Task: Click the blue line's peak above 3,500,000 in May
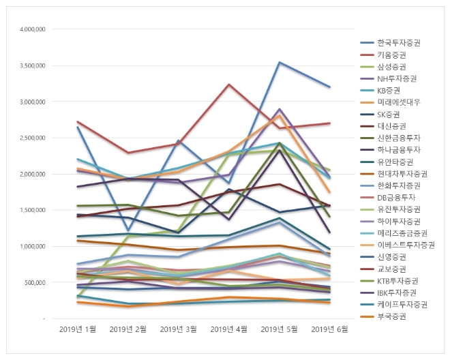278,63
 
